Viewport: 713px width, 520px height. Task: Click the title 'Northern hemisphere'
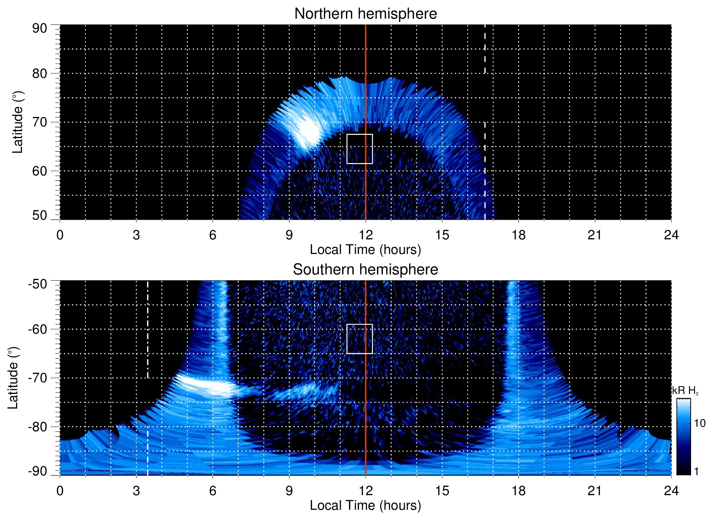365,14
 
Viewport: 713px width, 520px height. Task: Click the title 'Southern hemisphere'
365,270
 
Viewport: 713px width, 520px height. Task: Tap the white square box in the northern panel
359,149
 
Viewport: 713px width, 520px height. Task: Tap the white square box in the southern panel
359,339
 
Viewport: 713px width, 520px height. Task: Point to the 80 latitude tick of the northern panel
40,73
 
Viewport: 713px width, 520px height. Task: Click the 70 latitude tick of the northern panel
40,122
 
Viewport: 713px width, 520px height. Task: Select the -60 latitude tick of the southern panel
38,329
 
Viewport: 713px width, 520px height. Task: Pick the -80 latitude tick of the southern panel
38,427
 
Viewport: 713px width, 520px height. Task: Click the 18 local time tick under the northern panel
518,235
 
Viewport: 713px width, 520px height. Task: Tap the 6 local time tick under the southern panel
213,491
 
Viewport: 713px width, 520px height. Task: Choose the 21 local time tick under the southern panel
595,491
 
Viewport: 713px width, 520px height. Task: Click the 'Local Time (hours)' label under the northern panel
365,250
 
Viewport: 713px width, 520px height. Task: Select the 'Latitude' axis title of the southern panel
13,378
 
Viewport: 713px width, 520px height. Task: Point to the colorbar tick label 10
699,424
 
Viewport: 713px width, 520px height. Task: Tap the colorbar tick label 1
696,471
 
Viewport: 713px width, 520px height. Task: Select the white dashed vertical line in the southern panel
148,420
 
